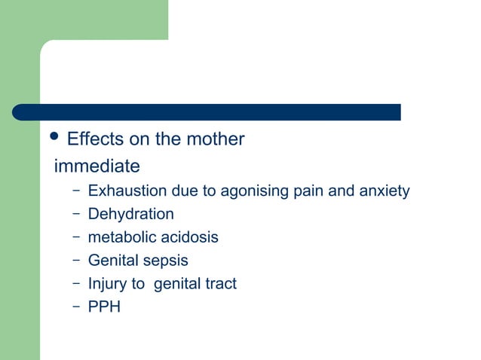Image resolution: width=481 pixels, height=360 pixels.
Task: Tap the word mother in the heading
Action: click(x=217, y=140)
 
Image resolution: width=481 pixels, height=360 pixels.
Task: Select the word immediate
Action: click(x=97, y=166)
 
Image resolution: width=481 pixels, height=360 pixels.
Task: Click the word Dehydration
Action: click(x=130, y=215)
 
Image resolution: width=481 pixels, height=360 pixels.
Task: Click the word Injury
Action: click(x=108, y=284)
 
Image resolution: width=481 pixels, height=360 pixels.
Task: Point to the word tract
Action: click(x=219, y=284)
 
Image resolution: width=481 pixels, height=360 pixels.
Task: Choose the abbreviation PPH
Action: click(x=104, y=307)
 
